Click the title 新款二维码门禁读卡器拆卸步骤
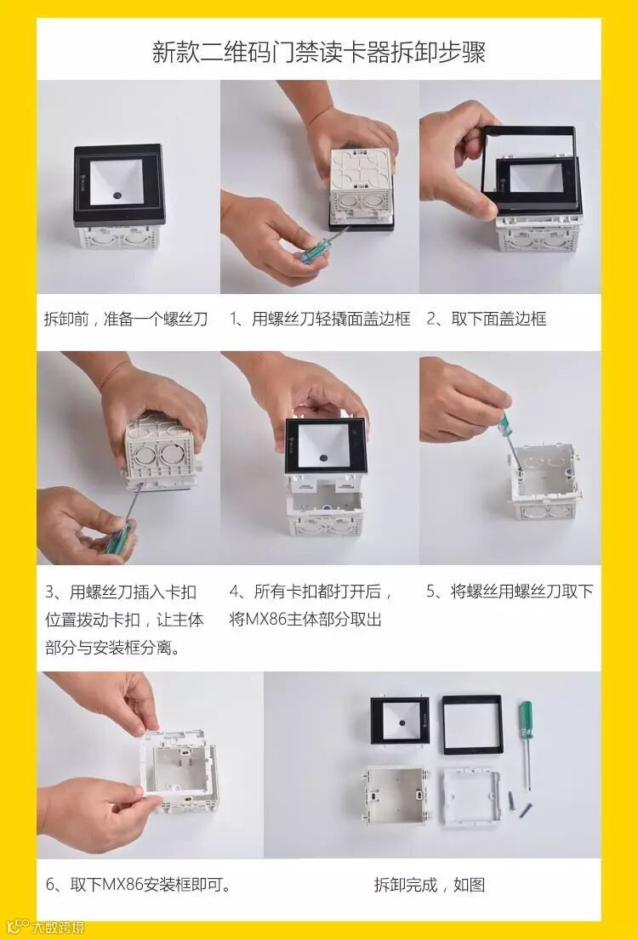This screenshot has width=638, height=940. tap(319, 52)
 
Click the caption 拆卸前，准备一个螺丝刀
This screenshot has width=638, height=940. tap(125, 319)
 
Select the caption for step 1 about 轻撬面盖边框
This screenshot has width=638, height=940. tap(320, 319)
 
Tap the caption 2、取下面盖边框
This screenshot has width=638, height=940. tap(486, 319)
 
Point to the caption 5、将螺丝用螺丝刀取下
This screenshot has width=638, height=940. tap(510, 592)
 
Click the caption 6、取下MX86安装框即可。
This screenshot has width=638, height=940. tap(139, 884)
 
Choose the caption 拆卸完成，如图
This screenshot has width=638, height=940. tap(429, 884)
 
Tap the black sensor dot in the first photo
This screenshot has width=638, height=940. tap(117, 195)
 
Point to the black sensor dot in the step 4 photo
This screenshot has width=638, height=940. tap(323, 457)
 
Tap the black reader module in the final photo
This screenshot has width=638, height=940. tap(400, 720)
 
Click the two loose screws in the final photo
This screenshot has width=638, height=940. tap(520, 804)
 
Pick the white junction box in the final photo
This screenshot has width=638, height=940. tap(396, 796)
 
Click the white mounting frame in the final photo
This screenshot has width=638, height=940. tap(471, 797)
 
